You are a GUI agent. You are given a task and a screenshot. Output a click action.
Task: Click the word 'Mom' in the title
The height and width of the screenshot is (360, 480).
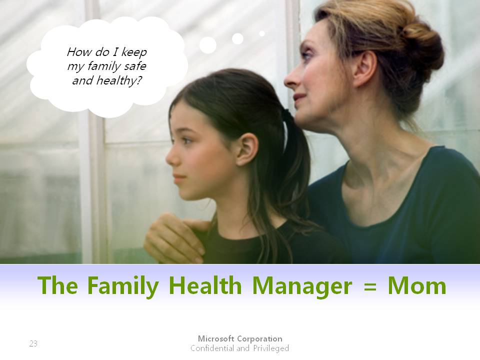click(x=417, y=285)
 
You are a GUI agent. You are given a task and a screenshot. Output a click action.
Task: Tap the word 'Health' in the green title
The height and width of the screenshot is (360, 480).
click(x=205, y=285)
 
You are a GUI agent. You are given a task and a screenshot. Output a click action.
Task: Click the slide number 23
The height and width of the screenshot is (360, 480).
click(x=33, y=343)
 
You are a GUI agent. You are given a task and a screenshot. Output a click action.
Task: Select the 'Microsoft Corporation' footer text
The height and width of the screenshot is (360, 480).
click(x=240, y=338)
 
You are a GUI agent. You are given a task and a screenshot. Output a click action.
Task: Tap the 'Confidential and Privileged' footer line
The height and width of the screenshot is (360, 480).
click(x=239, y=348)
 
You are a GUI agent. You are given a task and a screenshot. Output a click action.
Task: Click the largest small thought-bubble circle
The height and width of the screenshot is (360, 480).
click(x=208, y=45)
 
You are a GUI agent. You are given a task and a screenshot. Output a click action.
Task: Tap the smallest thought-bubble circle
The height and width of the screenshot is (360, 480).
click(x=261, y=33)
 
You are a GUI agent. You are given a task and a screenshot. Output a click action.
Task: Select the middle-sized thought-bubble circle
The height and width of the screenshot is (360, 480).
click(x=237, y=39)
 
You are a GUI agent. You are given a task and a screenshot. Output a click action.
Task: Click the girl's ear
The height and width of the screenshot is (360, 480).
click(x=247, y=149)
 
